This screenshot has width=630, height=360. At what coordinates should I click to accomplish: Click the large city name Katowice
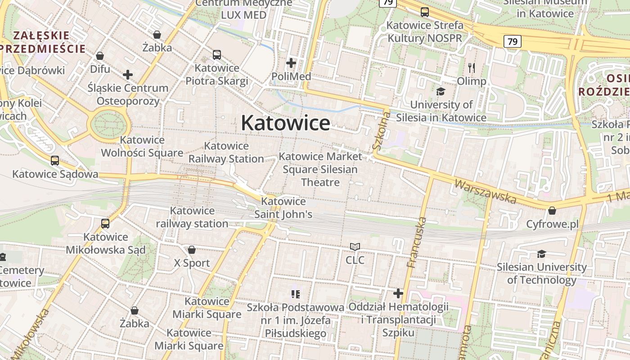pyautogui.click(x=285, y=123)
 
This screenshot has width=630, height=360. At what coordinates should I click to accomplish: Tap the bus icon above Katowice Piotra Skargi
pyautogui.click(x=216, y=55)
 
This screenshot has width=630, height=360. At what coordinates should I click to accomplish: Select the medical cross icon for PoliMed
pyautogui.click(x=291, y=63)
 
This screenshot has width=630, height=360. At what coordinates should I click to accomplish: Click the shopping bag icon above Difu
pyautogui.click(x=100, y=56)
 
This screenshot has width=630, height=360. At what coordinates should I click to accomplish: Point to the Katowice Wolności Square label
pyautogui.click(x=142, y=146)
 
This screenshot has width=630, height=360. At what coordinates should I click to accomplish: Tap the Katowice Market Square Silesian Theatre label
pyautogui.click(x=320, y=169)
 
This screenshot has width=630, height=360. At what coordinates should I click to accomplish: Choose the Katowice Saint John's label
pyautogui.click(x=283, y=208)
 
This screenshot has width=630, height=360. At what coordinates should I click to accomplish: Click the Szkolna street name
pyautogui.click(x=381, y=130)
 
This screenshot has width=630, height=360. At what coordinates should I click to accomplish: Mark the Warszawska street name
pyautogui.click(x=485, y=191)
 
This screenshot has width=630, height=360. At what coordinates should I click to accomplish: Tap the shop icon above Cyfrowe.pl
pyautogui.click(x=552, y=211)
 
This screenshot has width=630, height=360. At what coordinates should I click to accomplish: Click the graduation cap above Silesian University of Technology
pyautogui.click(x=541, y=254)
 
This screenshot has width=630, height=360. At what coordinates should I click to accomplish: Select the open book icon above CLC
pyautogui.click(x=355, y=247)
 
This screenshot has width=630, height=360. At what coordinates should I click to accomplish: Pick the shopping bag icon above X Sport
pyautogui.click(x=192, y=250)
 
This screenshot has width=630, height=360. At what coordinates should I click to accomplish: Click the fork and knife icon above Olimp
pyautogui.click(x=472, y=68)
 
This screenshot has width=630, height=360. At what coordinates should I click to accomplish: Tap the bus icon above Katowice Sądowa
pyautogui.click(x=55, y=161)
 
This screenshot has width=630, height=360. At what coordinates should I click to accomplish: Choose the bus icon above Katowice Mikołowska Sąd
pyautogui.click(x=105, y=223)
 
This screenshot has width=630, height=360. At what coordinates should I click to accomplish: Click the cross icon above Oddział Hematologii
pyautogui.click(x=398, y=293)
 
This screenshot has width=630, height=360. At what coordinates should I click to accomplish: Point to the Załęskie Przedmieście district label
pyautogui.click(x=42, y=42)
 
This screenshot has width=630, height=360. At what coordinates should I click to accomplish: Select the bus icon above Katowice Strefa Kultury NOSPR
pyautogui.click(x=424, y=12)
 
